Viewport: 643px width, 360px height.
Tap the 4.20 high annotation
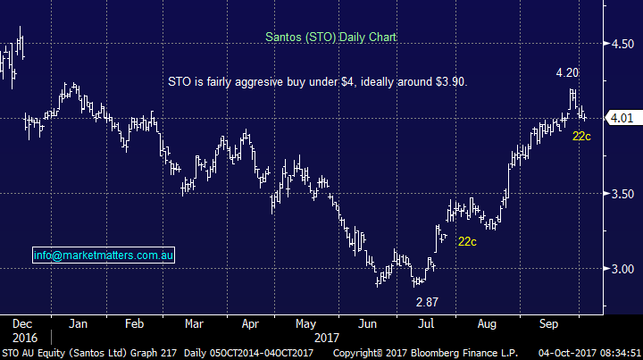click(568, 72)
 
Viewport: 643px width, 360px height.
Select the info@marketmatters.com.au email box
click(104, 255)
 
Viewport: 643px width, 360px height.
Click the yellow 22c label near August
click(467, 241)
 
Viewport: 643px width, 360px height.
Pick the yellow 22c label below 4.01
click(582, 137)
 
